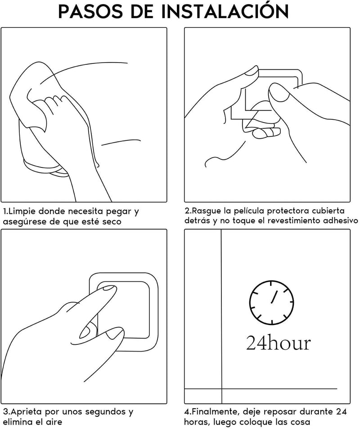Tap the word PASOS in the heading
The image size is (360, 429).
tap(91, 12)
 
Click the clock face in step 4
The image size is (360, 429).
tap(272, 303)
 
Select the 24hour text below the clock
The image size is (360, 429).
tap(278, 343)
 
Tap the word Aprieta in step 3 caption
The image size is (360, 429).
tap(27, 412)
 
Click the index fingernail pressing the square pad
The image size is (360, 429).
tap(108, 288)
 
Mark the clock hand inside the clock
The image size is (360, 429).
tap(274, 297)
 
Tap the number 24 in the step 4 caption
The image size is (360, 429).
tap(342, 412)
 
